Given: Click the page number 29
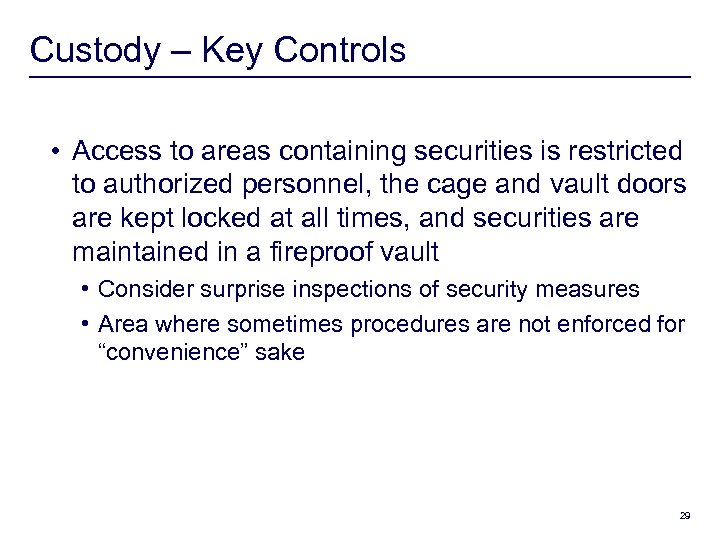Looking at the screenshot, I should tap(685, 516).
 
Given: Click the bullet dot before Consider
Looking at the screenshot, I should tap(90, 290).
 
